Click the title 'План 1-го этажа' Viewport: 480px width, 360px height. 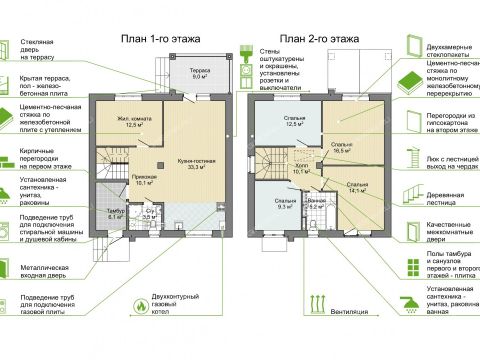coord(161,39)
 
